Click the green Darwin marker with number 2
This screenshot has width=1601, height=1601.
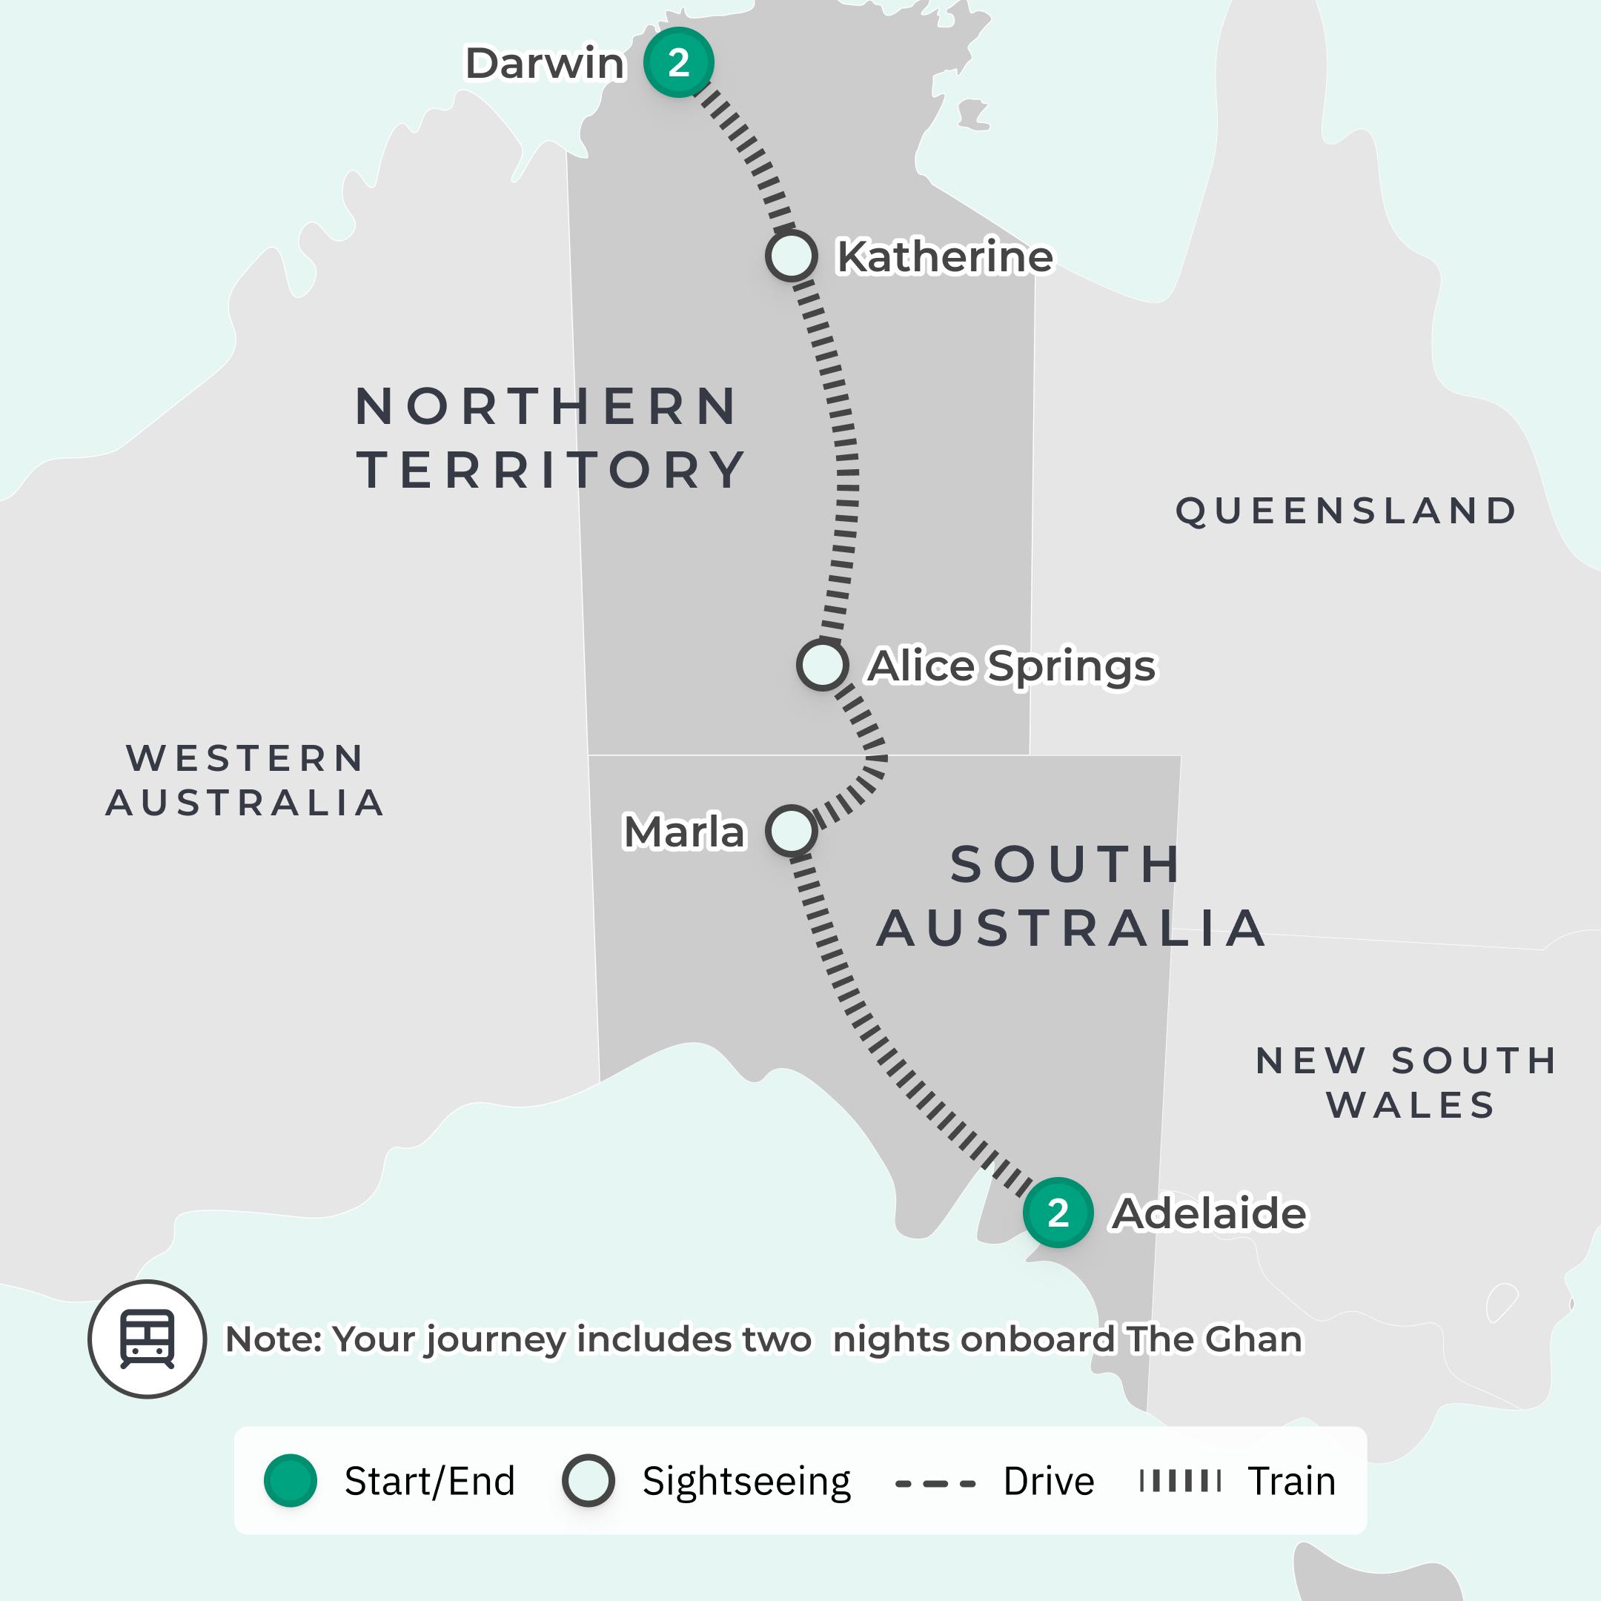point(679,63)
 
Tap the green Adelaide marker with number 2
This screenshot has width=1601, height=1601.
point(1058,1213)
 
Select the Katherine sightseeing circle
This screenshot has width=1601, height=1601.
point(792,255)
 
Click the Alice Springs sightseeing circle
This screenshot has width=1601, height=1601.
point(822,665)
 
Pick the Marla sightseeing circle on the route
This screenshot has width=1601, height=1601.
point(792,830)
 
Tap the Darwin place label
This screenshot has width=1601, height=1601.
point(545,64)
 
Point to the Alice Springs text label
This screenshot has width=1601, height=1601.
point(1011,666)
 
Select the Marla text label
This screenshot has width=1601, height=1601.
point(683,832)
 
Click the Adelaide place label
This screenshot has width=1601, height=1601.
point(1209,1213)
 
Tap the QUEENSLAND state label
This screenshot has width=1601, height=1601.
point(1347,511)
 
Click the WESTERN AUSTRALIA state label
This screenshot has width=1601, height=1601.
point(245,780)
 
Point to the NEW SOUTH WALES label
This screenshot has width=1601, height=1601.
point(1407,1082)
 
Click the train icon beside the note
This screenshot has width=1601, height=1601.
point(147,1339)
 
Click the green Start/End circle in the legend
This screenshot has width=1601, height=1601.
point(290,1480)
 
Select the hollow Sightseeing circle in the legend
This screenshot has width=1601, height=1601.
point(589,1480)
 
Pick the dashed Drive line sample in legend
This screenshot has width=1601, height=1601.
point(935,1482)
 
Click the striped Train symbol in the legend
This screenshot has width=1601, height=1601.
point(1180,1481)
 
